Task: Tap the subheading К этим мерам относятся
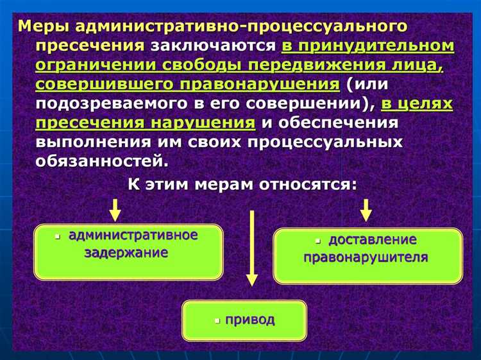(242, 185)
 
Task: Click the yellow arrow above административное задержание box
(115, 209)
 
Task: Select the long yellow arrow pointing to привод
(252, 247)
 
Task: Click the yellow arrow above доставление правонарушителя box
(366, 209)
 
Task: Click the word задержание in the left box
(126, 252)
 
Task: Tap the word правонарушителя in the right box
(366, 258)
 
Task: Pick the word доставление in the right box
(373, 240)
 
